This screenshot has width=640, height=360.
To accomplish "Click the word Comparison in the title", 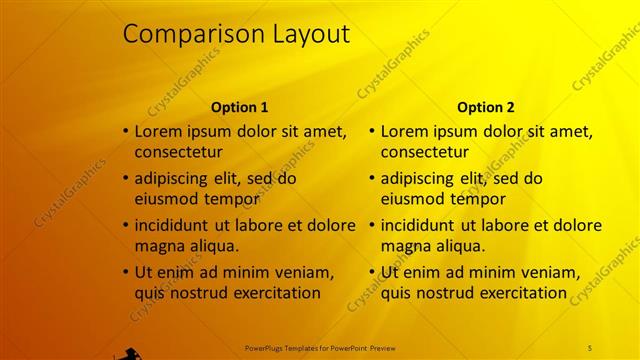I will coord(185,35).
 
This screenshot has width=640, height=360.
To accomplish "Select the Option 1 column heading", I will coord(239,107).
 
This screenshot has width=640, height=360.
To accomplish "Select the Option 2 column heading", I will coord(485,107).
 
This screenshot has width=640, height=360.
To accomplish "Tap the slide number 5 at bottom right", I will coord(590,347).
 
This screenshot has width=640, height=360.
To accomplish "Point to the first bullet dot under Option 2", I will coord(372,131).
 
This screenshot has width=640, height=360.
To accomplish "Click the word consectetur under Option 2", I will coord(424,152).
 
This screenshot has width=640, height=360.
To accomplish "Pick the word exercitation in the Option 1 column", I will coord(275,293).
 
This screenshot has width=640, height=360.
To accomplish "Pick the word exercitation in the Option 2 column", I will coord(521,293).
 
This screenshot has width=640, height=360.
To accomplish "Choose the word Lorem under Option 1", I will coord(157,131).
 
